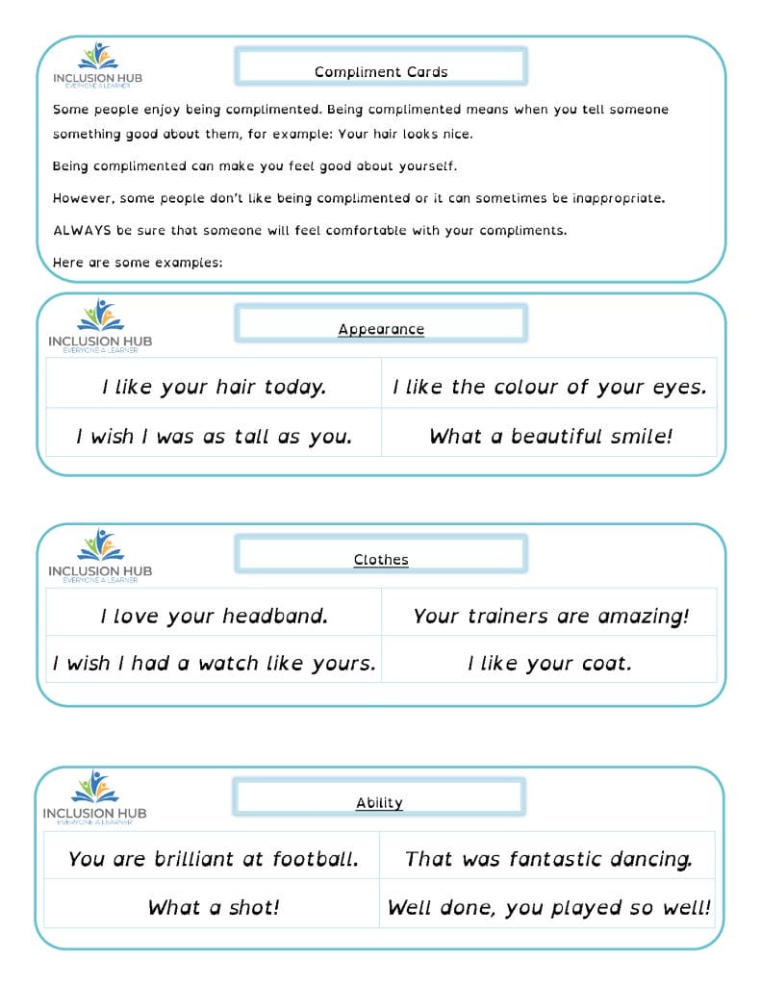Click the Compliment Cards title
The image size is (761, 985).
point(381,72)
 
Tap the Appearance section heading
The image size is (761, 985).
point(381,329)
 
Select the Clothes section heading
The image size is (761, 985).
point(381,560)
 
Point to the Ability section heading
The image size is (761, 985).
point(379,803)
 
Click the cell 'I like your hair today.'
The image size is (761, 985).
point(214,387)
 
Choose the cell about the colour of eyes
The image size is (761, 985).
point(549,387)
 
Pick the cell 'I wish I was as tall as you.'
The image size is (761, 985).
point(214,437)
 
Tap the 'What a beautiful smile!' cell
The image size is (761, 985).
point(550,437)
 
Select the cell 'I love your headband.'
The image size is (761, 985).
point(214,617)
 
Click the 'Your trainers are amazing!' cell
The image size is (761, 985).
point(550,617)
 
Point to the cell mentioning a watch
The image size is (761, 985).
point(214,664)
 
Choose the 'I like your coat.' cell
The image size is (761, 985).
point(550,664)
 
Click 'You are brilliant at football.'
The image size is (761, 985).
point(213,859)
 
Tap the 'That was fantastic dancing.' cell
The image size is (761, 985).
point(548,859)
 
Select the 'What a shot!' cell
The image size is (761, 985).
point(213,907)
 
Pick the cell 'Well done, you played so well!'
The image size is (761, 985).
point(548,907)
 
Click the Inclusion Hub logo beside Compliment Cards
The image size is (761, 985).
point(97,64)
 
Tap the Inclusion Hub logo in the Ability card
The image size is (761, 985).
point(94,797)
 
